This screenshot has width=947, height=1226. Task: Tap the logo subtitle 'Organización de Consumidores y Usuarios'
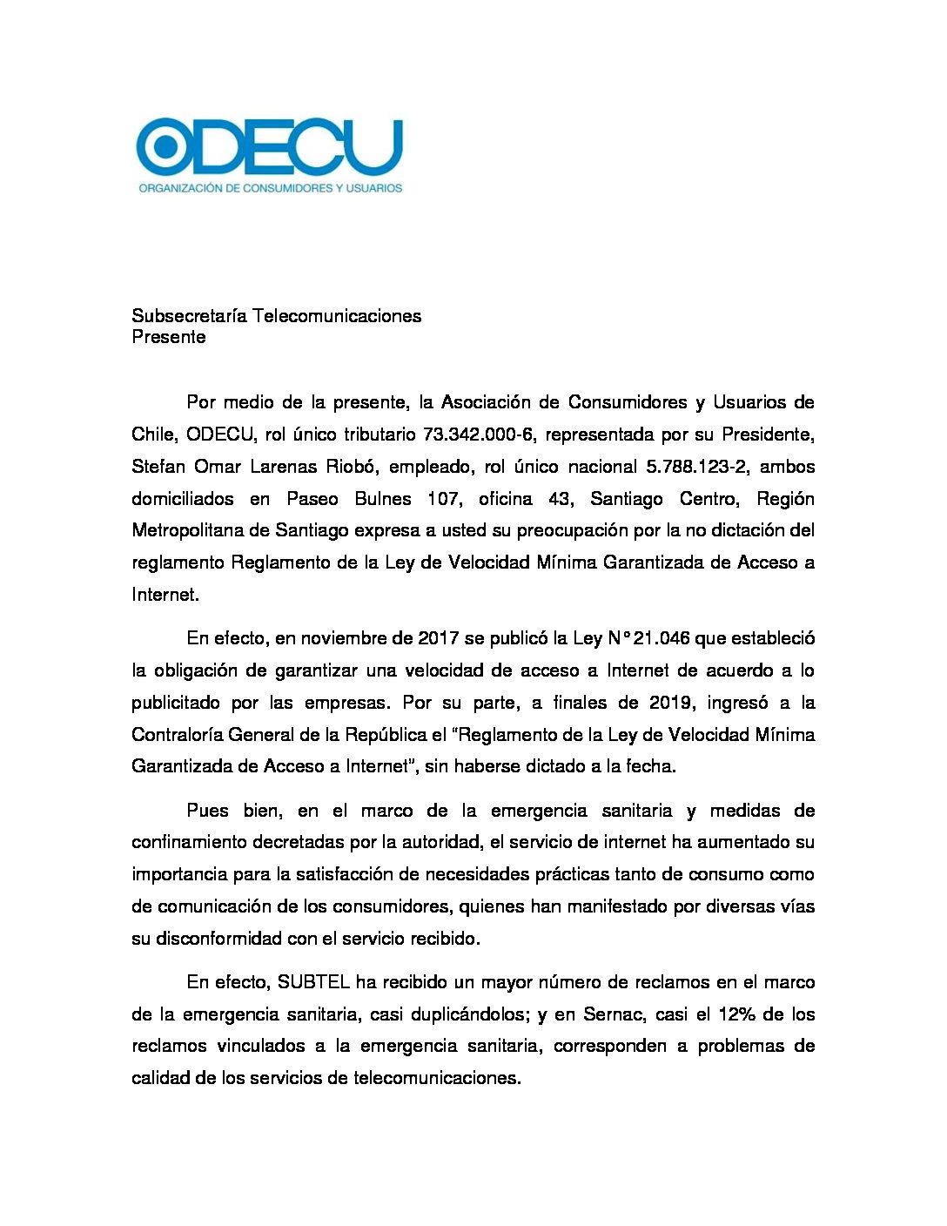tap(270, 187)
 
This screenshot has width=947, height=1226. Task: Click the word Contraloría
tap(177, 735)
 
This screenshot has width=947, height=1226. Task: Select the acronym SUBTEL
tap(313, 982)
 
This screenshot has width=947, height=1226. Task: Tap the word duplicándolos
tap(467, 1014)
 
